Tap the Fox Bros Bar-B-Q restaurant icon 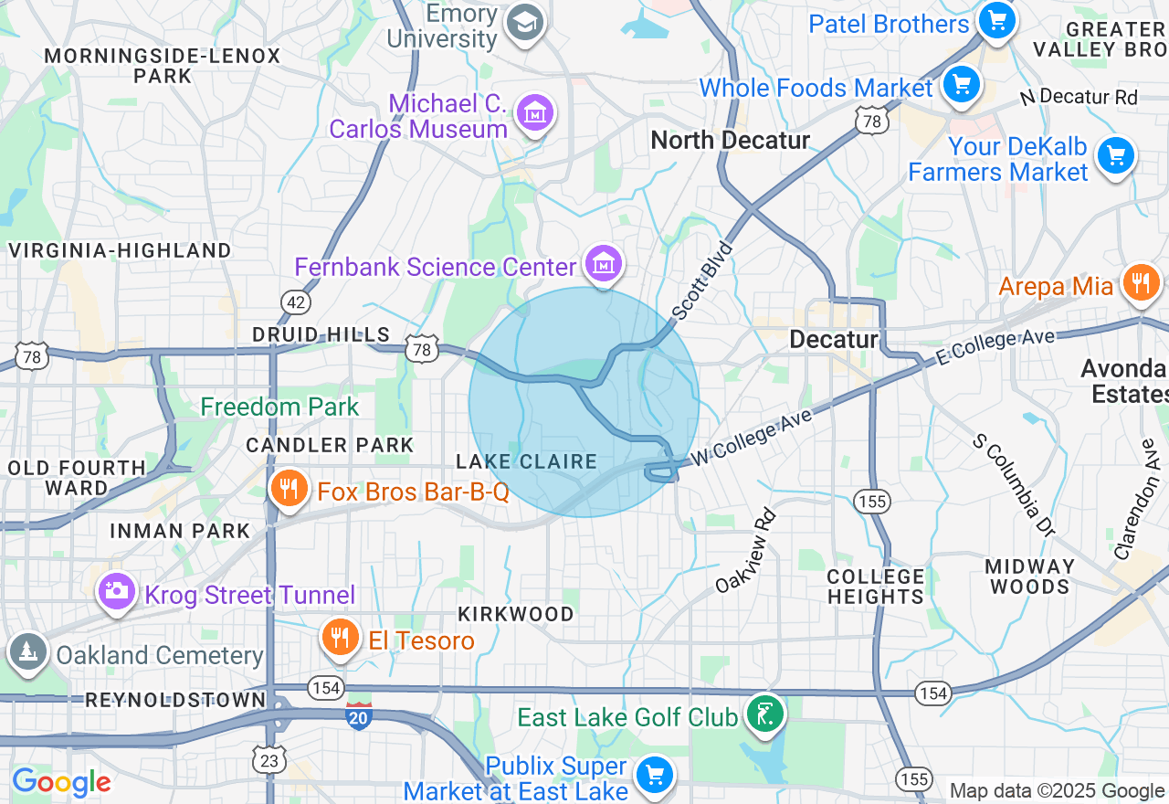point(290,488)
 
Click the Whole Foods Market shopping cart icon point(961,85)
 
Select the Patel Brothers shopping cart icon point(996,19)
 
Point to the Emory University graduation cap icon point(525,23)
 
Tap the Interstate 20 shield point(359,715)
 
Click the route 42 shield point(296,301)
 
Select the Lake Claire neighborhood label point(527,462)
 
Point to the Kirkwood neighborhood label point(516,614)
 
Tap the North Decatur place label point(730,140)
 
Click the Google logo point(61,782)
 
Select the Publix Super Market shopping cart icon point(655,774)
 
